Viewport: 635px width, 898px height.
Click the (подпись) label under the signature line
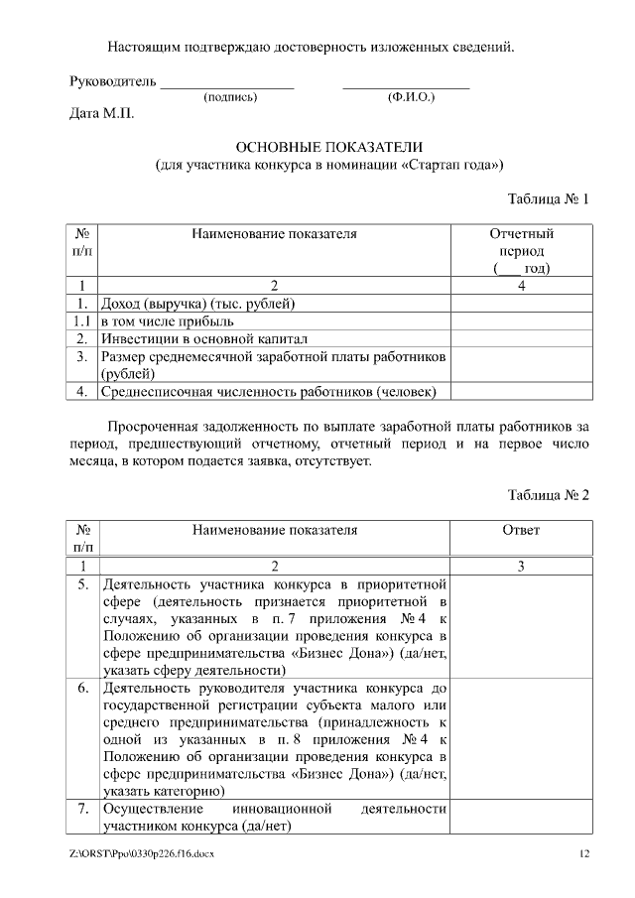point(230,97)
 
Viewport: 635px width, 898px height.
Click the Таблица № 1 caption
point(549,198)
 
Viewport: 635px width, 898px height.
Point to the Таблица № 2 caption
point(549,495)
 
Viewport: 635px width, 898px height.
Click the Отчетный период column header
point(522,250)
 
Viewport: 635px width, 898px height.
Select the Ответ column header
point(522,530)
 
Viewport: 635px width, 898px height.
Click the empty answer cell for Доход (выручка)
point(522,304)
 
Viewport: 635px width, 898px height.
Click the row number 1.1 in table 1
point(82,321)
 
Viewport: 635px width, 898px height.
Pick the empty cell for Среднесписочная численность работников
point(522,392)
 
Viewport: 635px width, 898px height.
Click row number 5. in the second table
point(83,583)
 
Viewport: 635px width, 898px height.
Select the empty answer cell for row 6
point(522,738)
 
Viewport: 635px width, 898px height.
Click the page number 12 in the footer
point(584,854)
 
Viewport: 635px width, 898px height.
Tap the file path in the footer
point(141,854)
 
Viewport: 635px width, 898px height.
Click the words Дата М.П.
point(101,114)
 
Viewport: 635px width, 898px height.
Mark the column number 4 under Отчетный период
point(522,286)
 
